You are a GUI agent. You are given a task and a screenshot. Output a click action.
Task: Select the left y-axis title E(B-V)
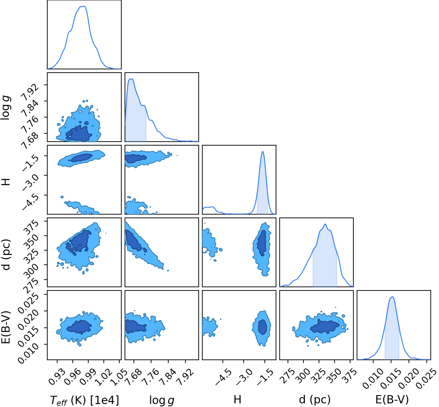6,327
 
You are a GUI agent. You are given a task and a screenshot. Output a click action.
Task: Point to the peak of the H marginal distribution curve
262,152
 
